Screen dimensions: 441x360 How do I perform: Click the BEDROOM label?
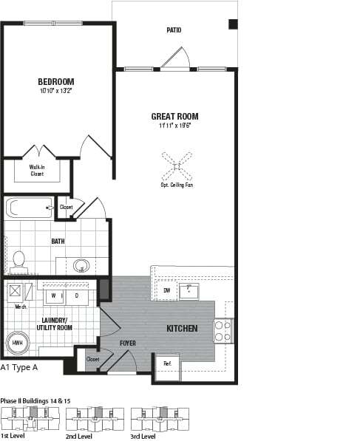click(x=57, y=81)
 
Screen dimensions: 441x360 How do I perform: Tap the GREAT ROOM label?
click(x=174, y=116)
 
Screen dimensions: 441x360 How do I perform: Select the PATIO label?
click(x=174, y=30)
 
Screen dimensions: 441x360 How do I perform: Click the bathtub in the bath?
click(x=30, y=208)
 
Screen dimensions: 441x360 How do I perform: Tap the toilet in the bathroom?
click(x=19, y=260)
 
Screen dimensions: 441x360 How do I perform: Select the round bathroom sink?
click(x=82, y=266)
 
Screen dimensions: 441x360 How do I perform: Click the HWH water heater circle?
click(x=17, y=343)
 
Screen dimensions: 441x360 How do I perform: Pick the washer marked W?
click(x=54, y=295)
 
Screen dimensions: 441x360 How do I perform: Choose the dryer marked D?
click(x=76, y=295)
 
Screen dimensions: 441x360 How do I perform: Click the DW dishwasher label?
click(x=167, y=291)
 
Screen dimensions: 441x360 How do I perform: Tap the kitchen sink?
click(x=189, y=290)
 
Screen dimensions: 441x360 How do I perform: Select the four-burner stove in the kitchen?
click(x=223, y=330)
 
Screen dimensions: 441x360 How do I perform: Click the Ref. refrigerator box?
click(x=167, y=363)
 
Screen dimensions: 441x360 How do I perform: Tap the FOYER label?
click(x=128, y=343)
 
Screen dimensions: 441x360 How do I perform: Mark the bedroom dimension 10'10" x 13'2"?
click(x=57, y=92)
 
